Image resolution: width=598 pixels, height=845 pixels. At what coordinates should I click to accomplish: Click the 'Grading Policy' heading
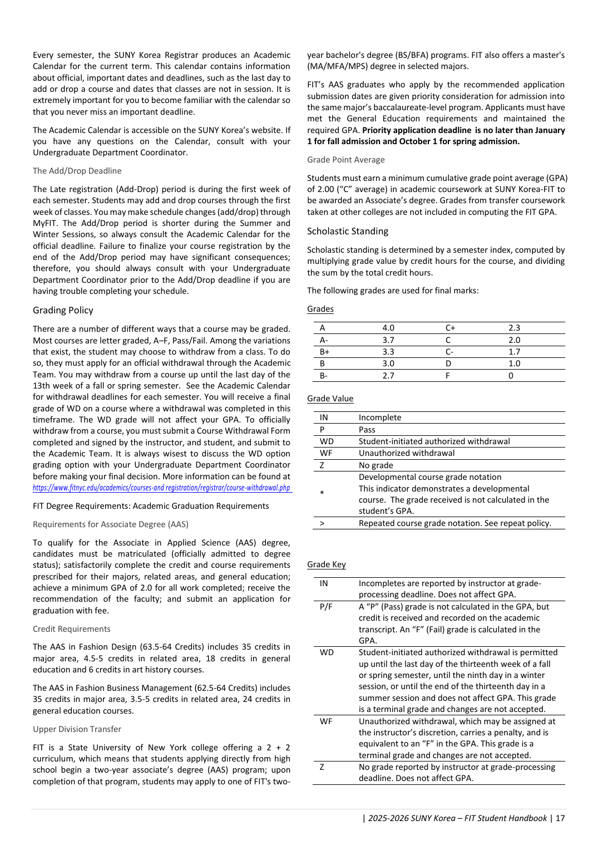tap(63, 311)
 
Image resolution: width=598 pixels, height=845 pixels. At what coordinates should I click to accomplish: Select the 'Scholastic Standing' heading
tap(348, 232)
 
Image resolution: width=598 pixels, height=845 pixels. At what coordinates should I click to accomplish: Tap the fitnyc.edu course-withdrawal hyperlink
tap(161, 488)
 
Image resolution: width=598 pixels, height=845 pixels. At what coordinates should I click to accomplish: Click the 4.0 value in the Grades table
tap(388, 328)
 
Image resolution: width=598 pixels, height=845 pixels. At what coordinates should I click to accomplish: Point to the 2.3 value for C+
tap(514, 328)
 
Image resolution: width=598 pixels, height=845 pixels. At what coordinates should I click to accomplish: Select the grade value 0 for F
tap(511, 376)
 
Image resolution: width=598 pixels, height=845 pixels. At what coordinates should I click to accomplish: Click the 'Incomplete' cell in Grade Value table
tap(380, 418)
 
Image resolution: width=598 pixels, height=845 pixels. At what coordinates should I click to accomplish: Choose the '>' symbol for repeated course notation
tap(322, 524)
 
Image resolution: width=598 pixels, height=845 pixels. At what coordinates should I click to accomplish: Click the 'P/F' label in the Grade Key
tap(326, 607)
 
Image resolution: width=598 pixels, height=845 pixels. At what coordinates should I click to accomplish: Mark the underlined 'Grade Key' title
tap(327, 565)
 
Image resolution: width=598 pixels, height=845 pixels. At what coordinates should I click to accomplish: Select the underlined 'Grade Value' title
tap(330, 399)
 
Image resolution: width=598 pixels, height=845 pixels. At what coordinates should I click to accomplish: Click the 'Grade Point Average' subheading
tap(346, 160)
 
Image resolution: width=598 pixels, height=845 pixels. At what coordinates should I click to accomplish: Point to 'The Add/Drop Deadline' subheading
tap(77, 171)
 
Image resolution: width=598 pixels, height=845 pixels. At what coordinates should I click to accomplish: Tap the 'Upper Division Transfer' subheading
tap(77, 730)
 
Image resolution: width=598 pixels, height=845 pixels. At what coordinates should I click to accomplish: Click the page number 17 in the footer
tap(560, 818)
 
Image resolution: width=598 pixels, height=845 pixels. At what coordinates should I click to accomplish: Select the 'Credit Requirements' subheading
tap(71, 630)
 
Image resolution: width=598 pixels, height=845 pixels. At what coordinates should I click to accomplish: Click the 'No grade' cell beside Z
tap(376, 465)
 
